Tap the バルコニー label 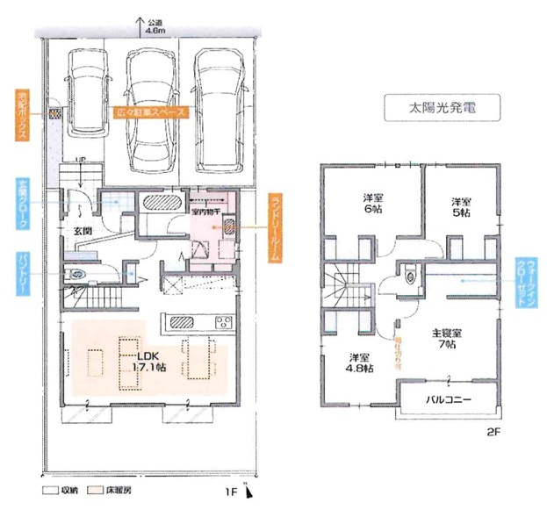click(450, 399)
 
